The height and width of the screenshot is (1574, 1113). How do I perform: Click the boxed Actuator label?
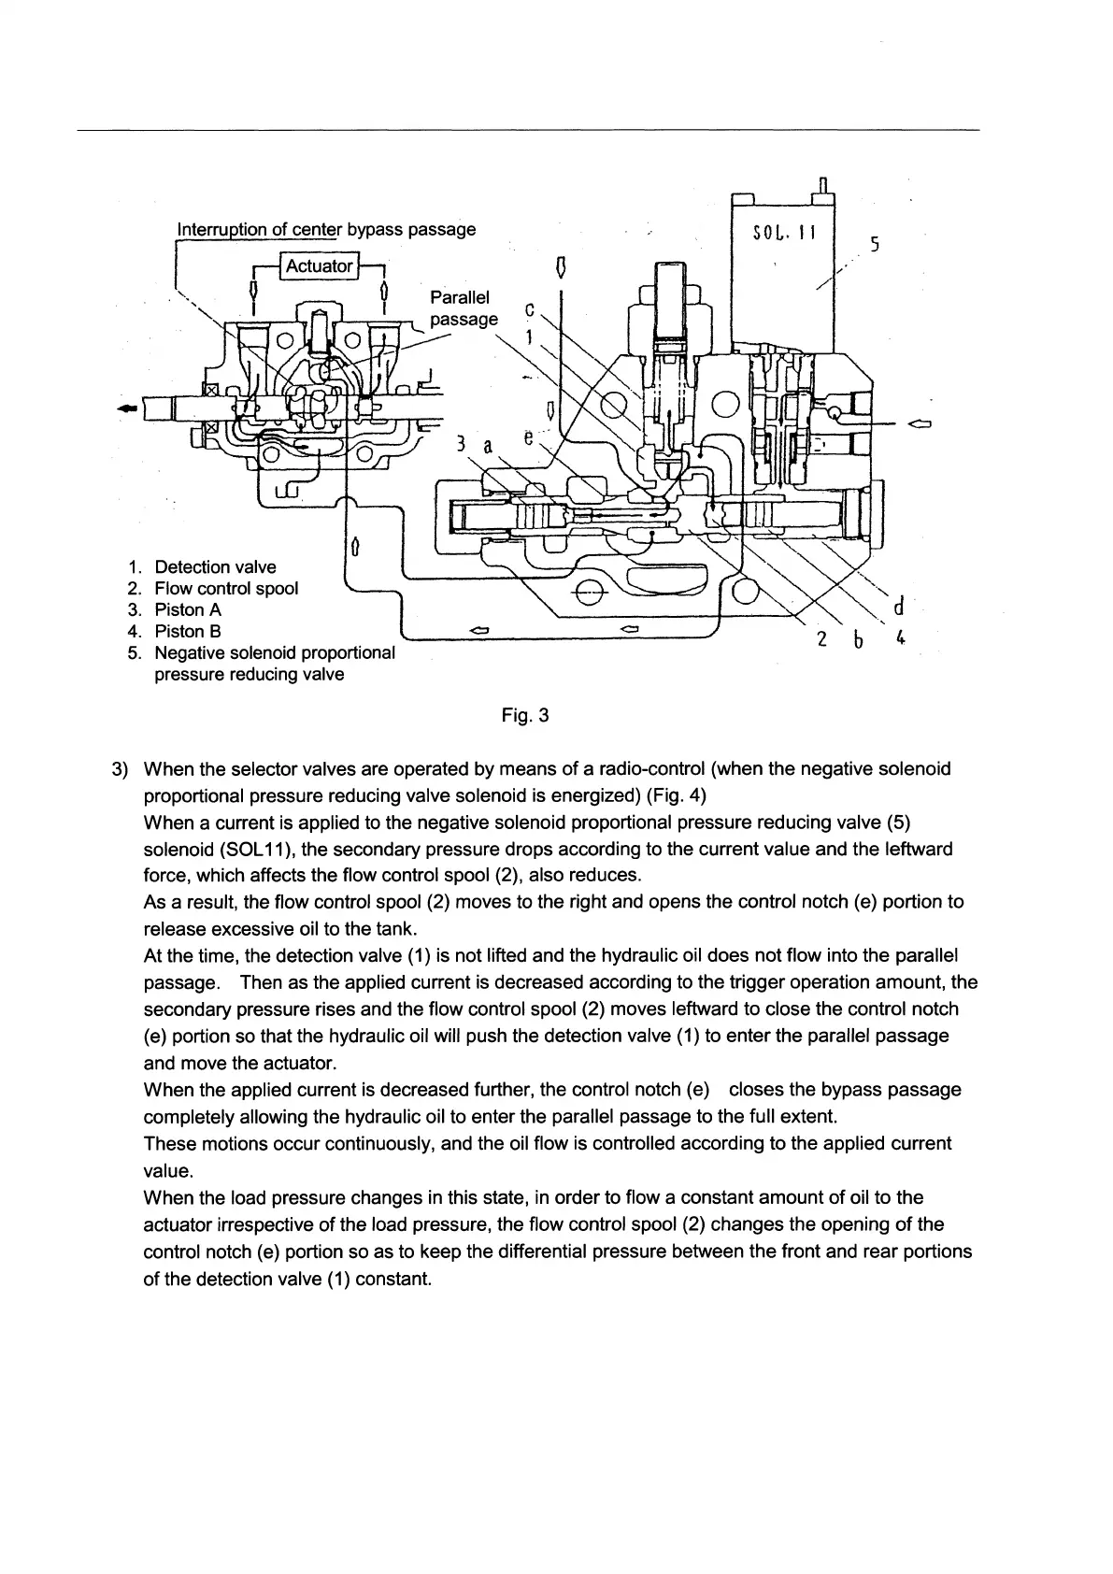[319, 266]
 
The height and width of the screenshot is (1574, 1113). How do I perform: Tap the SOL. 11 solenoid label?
[784, 232]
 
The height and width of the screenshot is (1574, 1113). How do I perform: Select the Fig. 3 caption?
[525, 716]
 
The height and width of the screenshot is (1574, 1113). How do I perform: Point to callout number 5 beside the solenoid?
[874, 245]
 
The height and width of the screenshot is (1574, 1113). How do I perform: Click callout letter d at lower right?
[898, 608]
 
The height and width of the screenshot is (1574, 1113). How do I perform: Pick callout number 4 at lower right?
[899, 639]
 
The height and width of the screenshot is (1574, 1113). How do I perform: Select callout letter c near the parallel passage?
[530, 308]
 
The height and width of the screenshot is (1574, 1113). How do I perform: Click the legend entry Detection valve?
[215, 567]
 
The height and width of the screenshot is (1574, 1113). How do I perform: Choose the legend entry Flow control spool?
[226, 589]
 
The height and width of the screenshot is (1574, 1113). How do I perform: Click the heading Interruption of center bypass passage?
[326, 229]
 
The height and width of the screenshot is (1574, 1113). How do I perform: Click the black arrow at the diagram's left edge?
[127, 408]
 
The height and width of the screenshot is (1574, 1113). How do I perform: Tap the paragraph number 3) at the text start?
[119, 769]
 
